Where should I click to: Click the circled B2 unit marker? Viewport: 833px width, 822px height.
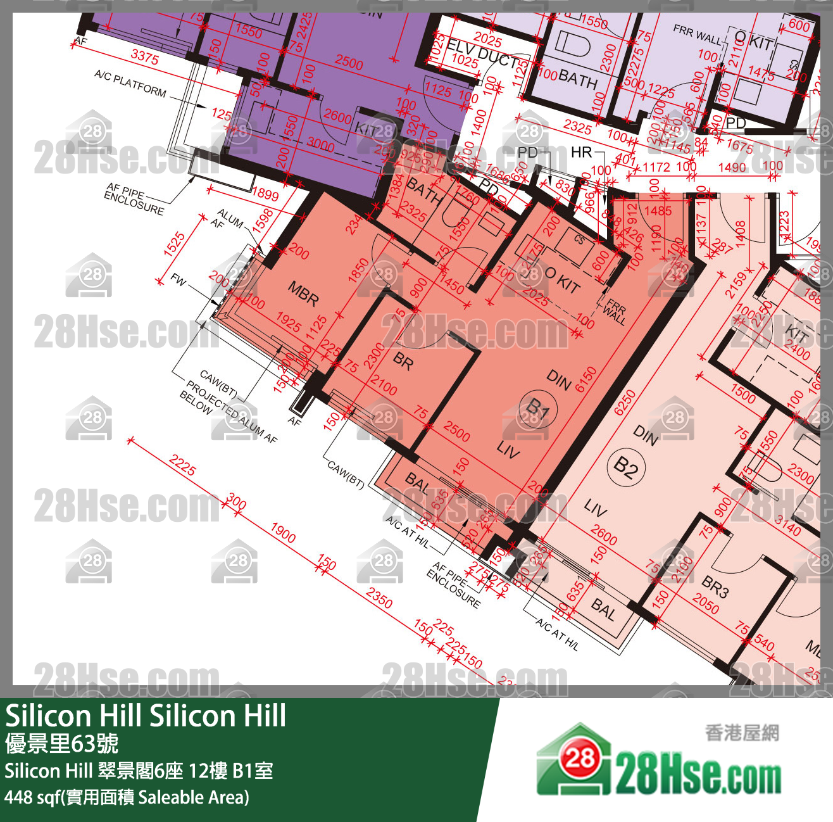(x=625, y=468)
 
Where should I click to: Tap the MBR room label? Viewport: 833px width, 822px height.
(x=303, y=294)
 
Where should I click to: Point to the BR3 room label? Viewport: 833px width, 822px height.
(x=715, y=587)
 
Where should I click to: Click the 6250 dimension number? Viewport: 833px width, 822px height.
(x=625, y=402)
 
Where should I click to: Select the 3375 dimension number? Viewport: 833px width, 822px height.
(x=144, y=57)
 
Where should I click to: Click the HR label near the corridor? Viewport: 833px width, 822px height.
(x=581, y=152)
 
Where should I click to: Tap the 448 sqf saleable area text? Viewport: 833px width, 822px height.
(x=127, y=797)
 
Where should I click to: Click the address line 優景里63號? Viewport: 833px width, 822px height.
(x=62, y=743)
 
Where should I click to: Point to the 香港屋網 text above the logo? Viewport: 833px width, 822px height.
(x=742, y=733)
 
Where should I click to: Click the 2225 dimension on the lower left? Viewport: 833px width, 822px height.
(x=182, y=466)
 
